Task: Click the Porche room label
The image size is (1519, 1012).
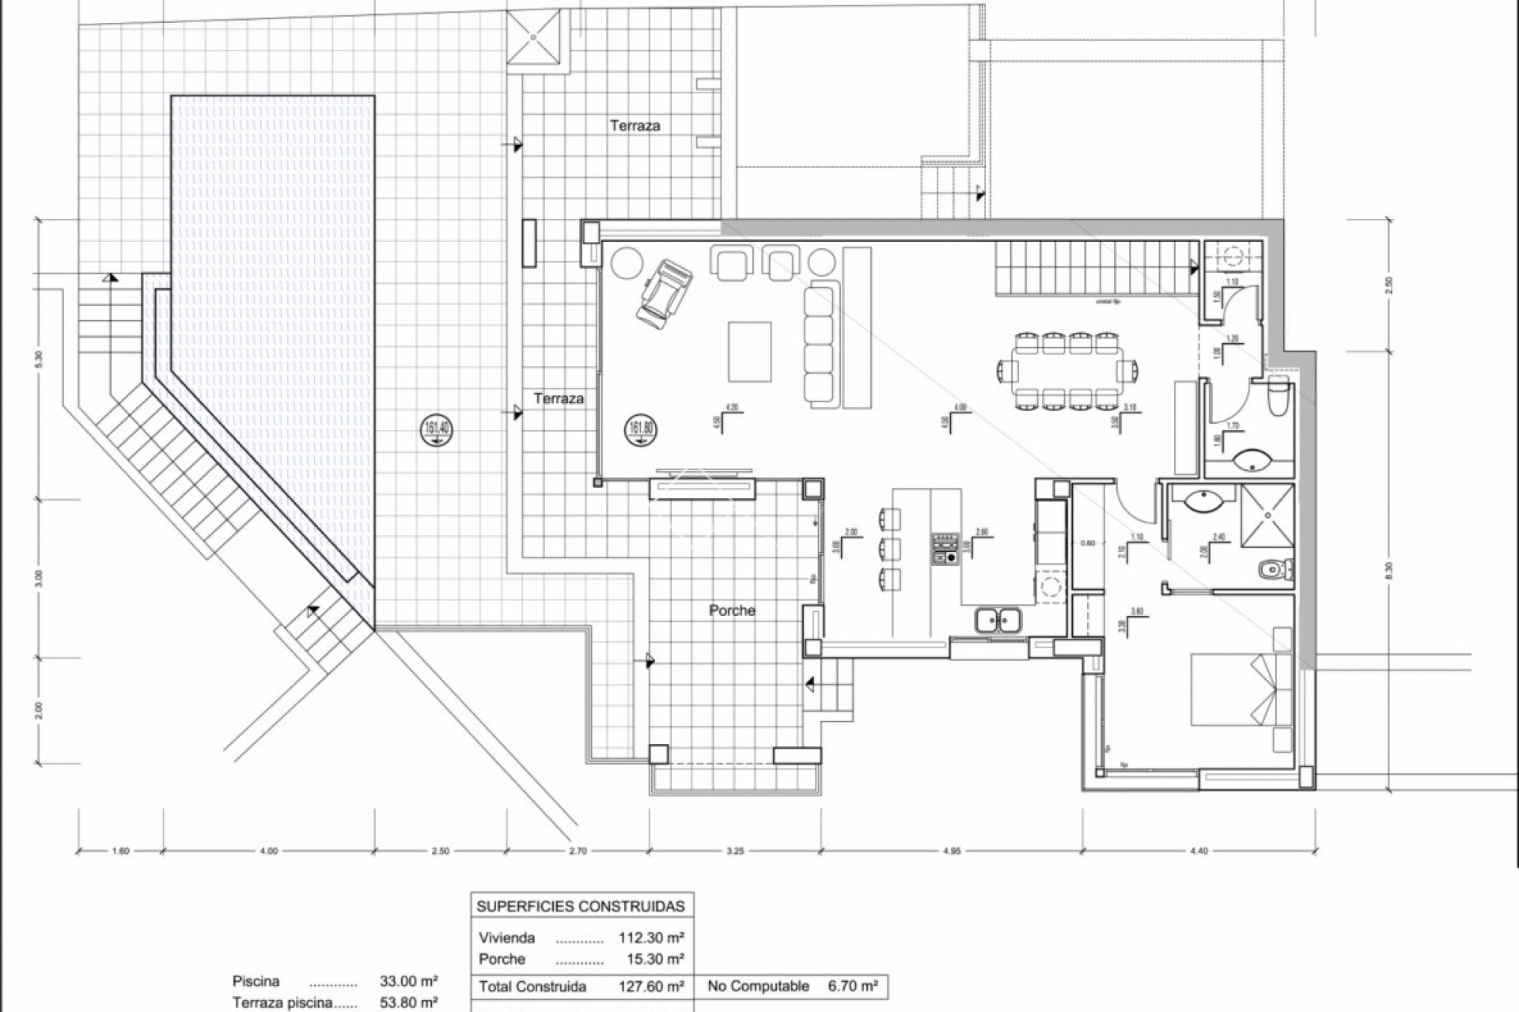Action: (732, 610)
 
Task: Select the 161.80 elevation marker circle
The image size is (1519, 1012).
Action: (639, 431)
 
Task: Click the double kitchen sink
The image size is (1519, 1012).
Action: (997, 620)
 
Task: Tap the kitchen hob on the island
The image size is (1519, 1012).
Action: (944, 549)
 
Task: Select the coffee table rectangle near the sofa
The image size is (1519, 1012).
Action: (749, 351)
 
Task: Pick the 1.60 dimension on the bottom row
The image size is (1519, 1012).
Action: (120, 852)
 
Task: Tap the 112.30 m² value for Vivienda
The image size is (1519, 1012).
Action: (651, 938)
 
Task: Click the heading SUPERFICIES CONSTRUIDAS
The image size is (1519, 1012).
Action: (581, 906)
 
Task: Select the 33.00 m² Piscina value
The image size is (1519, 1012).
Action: (409, 981)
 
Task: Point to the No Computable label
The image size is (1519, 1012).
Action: (759, 986)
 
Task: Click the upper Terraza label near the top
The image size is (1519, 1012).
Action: (634, 125)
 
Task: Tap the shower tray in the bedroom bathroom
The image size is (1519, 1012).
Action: (1267, 515)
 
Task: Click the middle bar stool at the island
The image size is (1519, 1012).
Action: (890, 548)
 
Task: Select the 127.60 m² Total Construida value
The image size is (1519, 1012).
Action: (651, 986)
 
